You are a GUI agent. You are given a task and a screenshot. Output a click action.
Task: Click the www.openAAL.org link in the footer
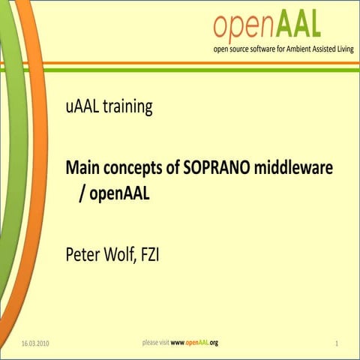pyautogui.click(x=194, y=343)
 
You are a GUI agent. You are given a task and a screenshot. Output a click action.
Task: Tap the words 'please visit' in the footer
pyautogui.click(x=155, y=343)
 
